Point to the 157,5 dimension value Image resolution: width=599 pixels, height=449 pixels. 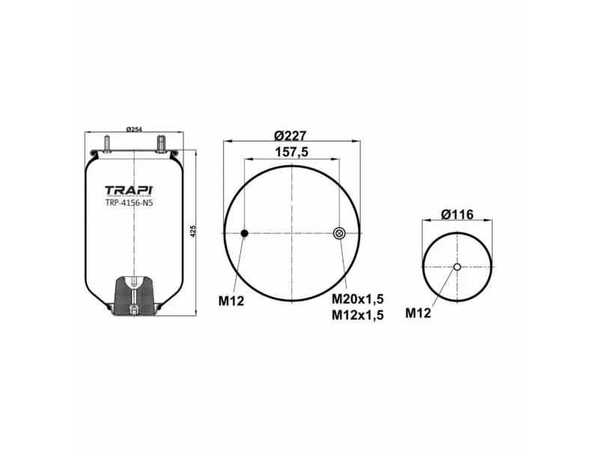point(291,151)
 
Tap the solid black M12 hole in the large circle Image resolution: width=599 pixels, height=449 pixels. point(244,234)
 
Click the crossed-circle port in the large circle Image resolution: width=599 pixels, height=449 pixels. point(338,234)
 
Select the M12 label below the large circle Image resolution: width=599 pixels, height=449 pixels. point(231,301)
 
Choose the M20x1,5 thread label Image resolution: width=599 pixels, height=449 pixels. point(357,299)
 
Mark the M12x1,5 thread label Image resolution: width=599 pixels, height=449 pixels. point(357,315)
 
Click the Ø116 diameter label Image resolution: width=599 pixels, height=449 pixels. point(457,214)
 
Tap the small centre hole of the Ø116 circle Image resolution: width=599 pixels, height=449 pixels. point(457,267)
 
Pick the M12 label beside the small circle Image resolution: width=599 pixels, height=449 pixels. point(418,313)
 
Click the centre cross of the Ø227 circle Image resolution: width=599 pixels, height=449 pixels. point(292,234)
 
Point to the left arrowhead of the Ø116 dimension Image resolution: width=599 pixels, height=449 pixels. point(425,222)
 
